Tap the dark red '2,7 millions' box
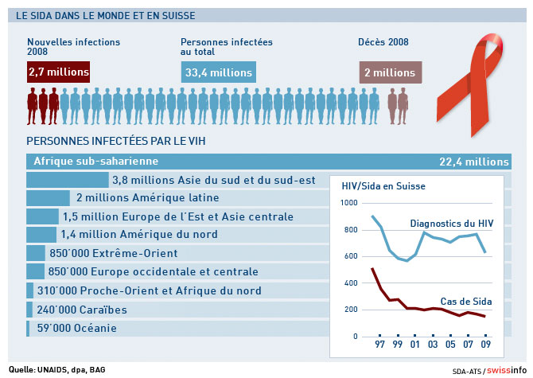point(58,72)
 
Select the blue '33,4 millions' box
point(219,72)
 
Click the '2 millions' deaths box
point(391,72)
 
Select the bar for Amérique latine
point(49,198)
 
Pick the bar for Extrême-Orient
point(36,253)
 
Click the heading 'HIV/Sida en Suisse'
point(383,185)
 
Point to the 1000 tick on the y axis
point(348,204)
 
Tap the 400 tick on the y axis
point(351,283)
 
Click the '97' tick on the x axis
point(380,346)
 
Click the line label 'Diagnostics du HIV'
point(451,224)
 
